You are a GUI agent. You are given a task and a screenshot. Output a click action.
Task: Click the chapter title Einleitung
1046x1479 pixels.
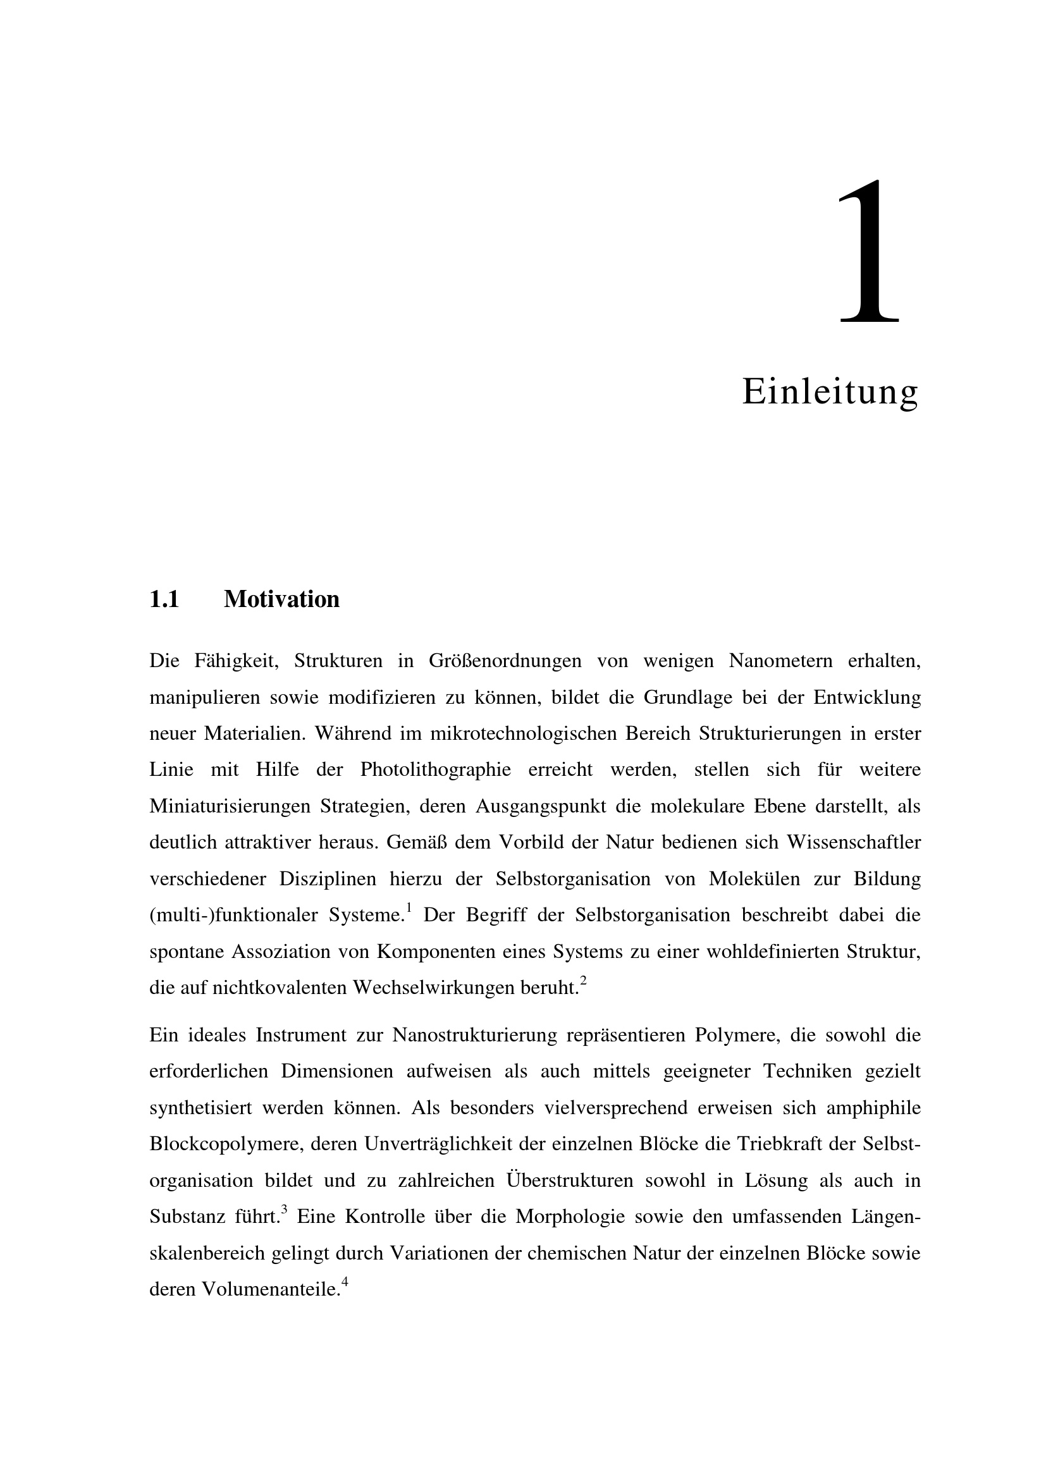pyautogui.click(x=830, y=391)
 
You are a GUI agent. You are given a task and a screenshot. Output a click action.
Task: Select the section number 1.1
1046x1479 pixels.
pyautogui.click(x=164, y=599)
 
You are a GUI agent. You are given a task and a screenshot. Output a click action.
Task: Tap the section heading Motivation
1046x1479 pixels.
pyautogui.click(x=281, y=599)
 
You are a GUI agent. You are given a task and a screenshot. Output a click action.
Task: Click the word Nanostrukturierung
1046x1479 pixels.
pyautogui.click(x=474, y=1035)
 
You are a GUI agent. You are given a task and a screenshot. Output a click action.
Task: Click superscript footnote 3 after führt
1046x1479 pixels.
pyautogui.click(x=284, y=1210)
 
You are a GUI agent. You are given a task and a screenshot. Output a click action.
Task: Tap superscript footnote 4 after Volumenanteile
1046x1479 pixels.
pyautogui.click(x=345, y=1282)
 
